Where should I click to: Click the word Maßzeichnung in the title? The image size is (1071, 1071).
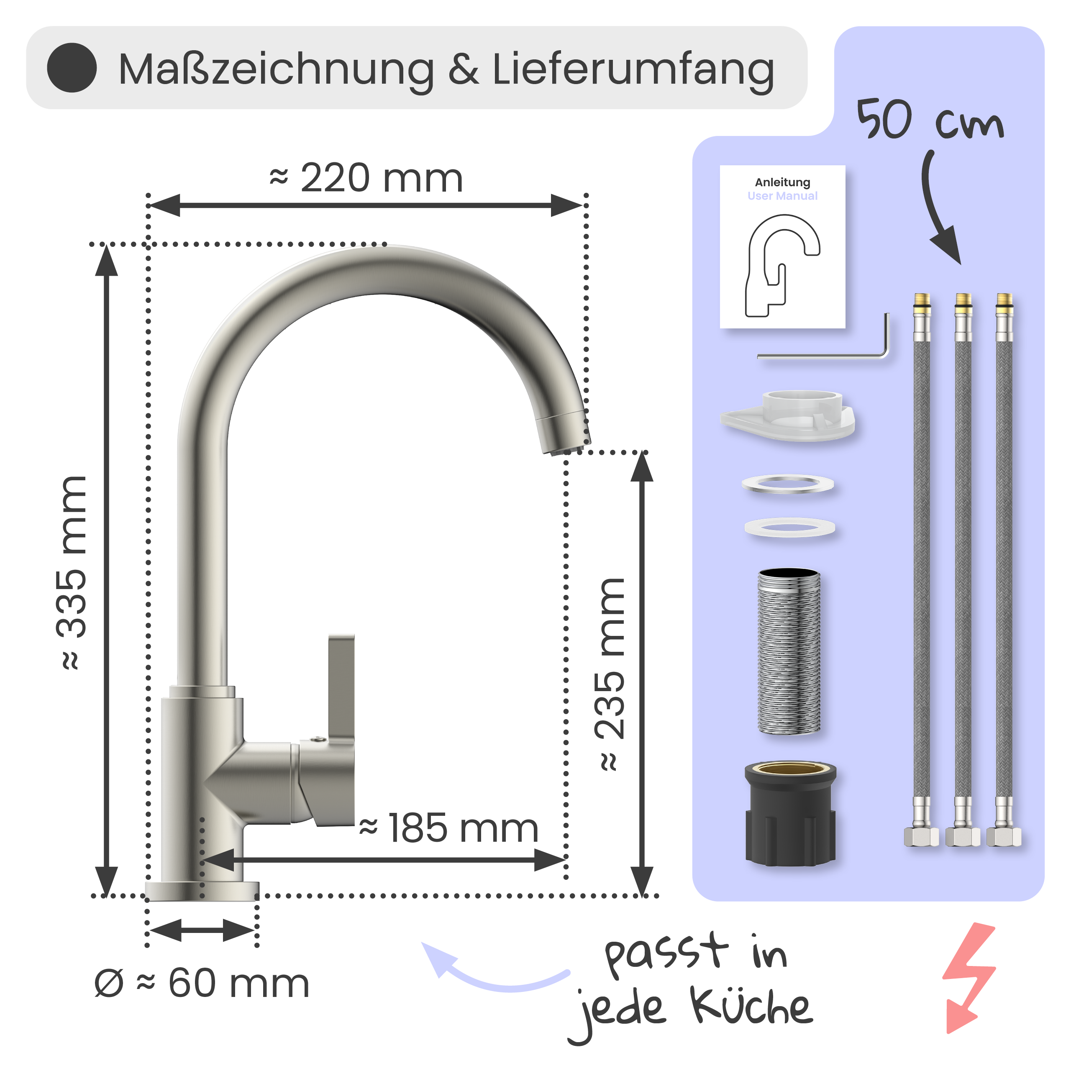[x=276, y=70]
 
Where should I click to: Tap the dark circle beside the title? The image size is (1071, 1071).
[x=72, y=68]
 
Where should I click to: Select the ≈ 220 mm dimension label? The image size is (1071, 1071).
[x=366, y=179]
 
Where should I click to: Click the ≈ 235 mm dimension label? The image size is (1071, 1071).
[x=610, y=674]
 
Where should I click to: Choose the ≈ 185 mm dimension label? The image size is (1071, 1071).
[x=449, y=828]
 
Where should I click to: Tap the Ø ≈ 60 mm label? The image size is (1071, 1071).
[x=201, y=984]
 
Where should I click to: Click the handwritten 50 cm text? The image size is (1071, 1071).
[x=930, y=119]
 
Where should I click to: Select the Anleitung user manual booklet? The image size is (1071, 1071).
[x=782, y=247]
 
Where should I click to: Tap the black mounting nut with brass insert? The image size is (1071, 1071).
[x=790, y=814]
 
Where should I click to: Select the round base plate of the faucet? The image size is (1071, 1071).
[x=202, y=891]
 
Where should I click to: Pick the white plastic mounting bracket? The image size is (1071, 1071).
[x=788, y=416]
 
